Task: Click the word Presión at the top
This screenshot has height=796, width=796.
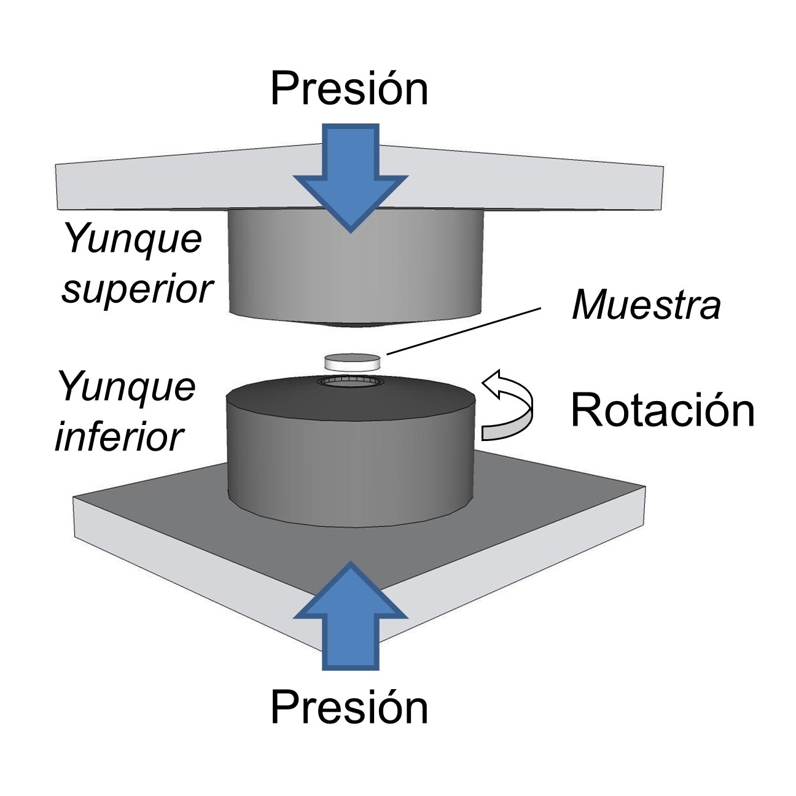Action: [x=349, y=88]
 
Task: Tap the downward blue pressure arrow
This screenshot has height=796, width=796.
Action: [x=351, y=178]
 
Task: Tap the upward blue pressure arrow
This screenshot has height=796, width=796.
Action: [x=351, y=616]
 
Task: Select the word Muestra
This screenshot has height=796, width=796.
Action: [x=647, y=305]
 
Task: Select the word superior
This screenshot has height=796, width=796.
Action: [x=137, y=289]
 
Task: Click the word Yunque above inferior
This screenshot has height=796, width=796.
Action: [x=127, y=387]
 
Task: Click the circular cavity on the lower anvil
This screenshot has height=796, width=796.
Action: [x=351, y=381]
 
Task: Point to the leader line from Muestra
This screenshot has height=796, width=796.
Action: [x=464, y=331]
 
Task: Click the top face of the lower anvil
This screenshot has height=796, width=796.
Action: [x=351, y=399]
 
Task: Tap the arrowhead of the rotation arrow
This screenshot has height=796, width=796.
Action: [x=496, y=382]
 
